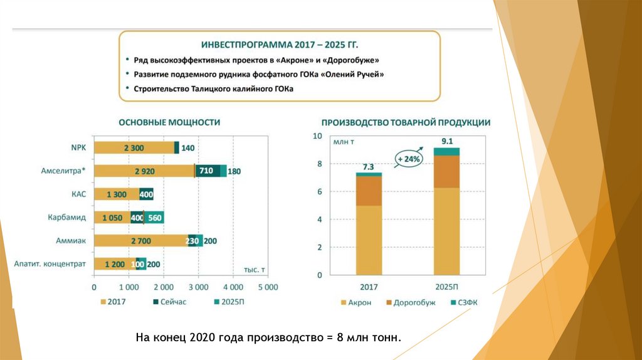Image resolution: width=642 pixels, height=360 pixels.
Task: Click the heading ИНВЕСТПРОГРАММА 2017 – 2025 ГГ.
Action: [280, 46]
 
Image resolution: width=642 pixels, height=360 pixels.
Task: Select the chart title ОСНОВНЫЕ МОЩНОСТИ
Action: [169, 122]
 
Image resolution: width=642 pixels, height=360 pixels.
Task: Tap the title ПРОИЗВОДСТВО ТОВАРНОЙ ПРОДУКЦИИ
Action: [406, 123]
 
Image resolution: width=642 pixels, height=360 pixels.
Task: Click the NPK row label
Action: [79, 147]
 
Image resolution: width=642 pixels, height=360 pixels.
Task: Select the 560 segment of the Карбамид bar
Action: [155, 218]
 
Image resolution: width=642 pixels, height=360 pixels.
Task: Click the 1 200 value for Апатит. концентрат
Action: [115, 265]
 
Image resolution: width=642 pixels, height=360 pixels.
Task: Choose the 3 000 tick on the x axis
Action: [198, 287]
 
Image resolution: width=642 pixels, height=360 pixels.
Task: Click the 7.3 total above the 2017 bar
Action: [368, 167]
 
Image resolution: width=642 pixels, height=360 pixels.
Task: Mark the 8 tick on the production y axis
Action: [318, 164]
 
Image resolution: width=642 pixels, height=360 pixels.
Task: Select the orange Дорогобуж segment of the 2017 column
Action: [369, 191]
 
